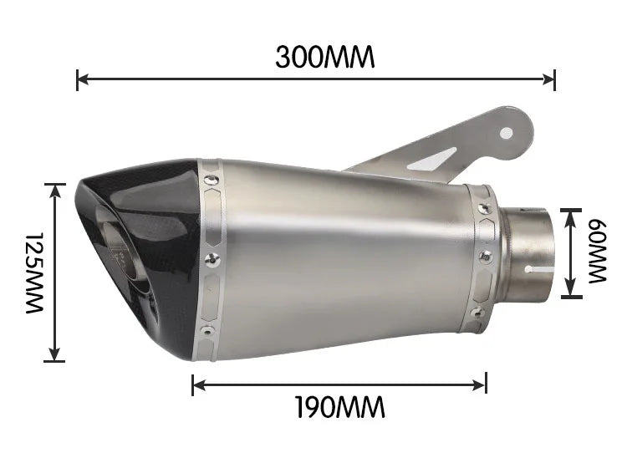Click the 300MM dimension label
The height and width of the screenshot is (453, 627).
click(x=325, y=57)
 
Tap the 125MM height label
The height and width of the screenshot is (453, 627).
click(x=33, y=273)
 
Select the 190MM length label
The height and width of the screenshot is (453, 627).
click(x=339, y=408)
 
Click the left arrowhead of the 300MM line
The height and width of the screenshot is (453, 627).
click(x=81, y=80)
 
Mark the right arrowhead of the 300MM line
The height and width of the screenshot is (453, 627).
click(x=551, y=80)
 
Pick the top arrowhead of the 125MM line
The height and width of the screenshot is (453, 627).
click(x=55, y=189)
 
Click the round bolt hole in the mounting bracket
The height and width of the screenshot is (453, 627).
click(x=507, y=130)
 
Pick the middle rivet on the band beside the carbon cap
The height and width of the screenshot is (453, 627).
click(x=212, y=259)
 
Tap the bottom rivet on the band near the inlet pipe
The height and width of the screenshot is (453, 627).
click(x=477, y=312)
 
